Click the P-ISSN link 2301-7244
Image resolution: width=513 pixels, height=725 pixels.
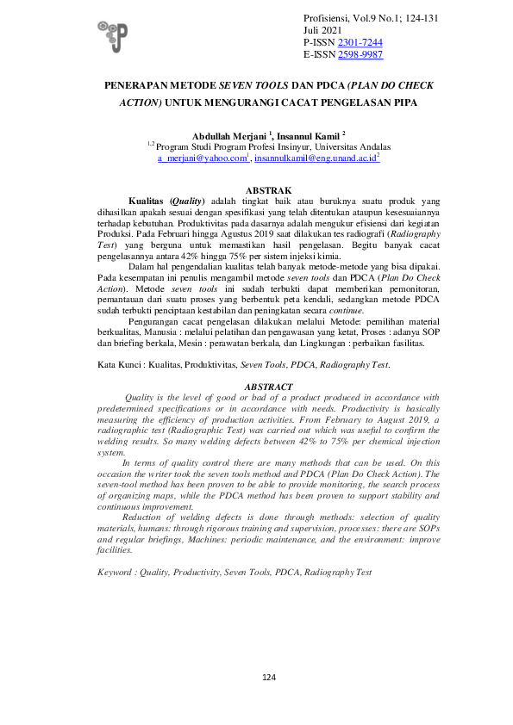tap(360, 42)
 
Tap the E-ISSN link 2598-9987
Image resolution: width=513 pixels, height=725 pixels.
tap(360, 54)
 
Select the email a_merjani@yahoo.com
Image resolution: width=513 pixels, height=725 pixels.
tap(203, 159)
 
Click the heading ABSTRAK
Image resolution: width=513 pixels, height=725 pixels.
tap(268, 189)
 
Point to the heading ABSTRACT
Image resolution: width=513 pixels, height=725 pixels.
tap(268, 387)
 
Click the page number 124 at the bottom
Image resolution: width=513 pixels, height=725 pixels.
tap(268, 679)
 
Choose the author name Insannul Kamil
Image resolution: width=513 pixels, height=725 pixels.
tap(308, 135)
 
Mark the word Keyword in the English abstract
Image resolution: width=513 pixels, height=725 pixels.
tap(115, 572)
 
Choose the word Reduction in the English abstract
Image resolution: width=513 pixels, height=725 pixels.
tap(143, 516)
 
